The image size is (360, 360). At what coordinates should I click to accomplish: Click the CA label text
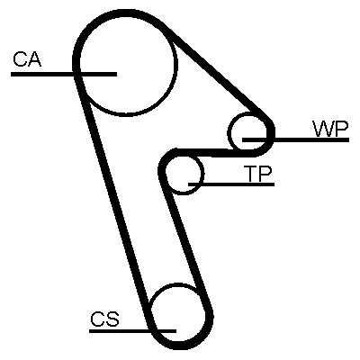tap(27, 59)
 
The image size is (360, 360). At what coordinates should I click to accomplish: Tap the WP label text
tap(330, 129)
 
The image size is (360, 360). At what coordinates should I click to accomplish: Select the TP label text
tap(258, 174)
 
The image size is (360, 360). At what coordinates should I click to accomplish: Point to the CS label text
tap(104, 319)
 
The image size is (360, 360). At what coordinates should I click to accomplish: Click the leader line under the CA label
tap(64, 74)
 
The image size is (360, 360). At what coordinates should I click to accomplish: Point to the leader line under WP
tap(295, 139)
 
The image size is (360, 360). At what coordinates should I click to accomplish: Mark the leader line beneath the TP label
tap(231, 184)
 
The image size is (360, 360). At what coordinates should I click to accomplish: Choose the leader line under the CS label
tap(132, 331)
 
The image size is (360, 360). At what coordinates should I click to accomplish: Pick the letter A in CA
tap(34, 59)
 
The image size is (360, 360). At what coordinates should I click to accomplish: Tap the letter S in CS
tap(112, 319)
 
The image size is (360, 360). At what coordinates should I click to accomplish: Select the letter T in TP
tap(251, 174)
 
